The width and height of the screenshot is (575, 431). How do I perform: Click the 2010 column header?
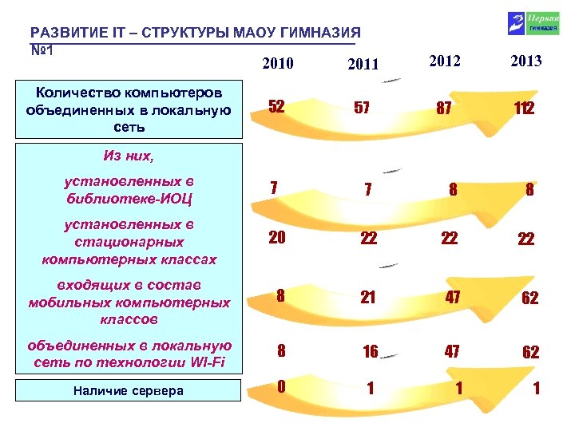pos(277,63)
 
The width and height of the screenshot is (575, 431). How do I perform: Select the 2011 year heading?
pos(364,65)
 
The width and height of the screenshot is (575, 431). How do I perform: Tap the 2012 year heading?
pos(445,60)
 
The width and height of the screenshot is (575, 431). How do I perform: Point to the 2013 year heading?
pos(525,61)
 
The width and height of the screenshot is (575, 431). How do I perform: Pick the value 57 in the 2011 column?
pos(361,109)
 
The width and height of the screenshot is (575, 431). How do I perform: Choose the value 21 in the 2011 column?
pos(368,297)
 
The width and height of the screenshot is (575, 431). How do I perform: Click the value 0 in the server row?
pos(281,386)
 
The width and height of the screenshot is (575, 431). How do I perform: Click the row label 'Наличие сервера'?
pos(128,391)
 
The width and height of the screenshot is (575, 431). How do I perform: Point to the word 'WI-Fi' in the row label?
pos(208,362)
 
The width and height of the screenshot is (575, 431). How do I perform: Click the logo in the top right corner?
pos(525,22)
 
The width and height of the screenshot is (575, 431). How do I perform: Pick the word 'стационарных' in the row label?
pos(128,242)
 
